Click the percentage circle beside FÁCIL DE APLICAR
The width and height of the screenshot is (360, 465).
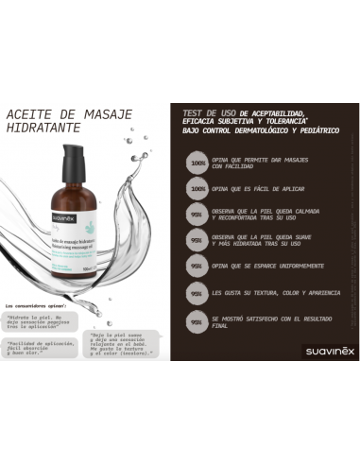(x=197, y=189)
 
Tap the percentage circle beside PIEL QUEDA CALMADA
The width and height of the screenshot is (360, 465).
(x=197, y=215)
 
